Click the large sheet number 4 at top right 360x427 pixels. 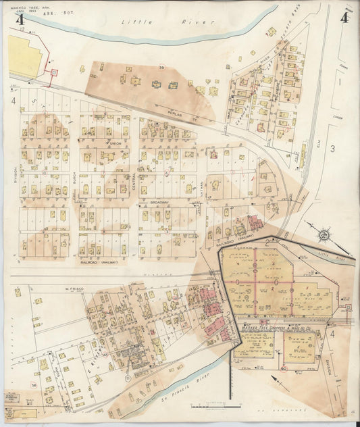point(344,18)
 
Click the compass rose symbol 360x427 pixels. point(324,234)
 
